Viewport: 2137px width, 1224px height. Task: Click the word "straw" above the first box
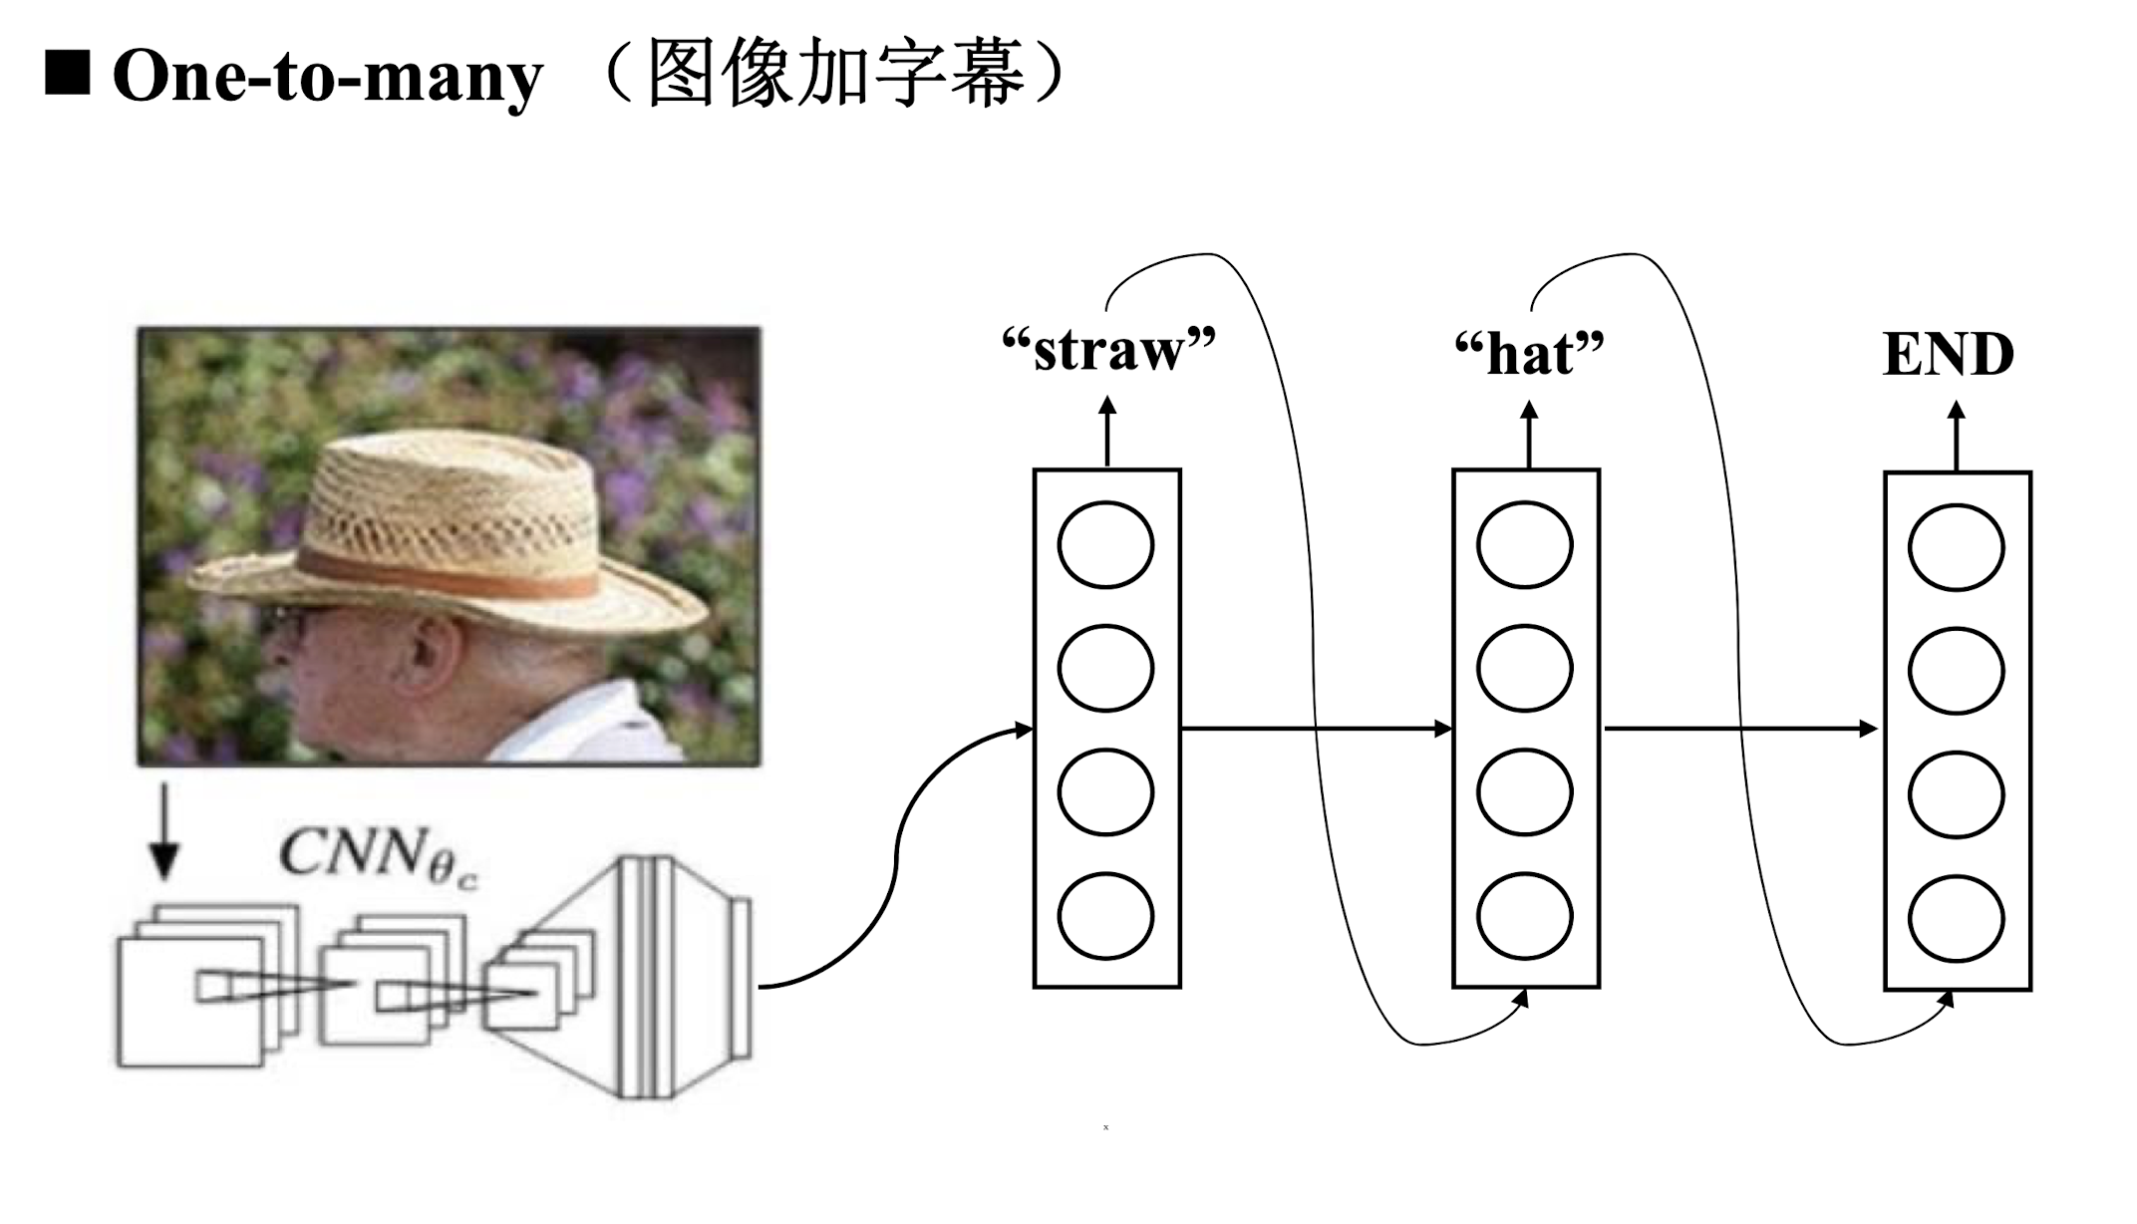click(1108, 351)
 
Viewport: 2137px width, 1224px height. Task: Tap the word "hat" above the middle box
click(1530, 355)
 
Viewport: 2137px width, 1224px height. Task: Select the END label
click(1948, 355)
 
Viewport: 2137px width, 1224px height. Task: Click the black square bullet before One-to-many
click(68, 74)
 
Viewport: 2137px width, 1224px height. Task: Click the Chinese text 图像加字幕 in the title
click(835, 74)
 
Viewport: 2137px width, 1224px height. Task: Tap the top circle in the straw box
click(1105, 545)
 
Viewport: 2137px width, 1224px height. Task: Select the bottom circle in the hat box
click(1525, 916)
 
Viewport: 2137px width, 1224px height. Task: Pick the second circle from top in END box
click(1956, 671)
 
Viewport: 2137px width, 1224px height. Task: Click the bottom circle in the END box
click(1956, 918)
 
